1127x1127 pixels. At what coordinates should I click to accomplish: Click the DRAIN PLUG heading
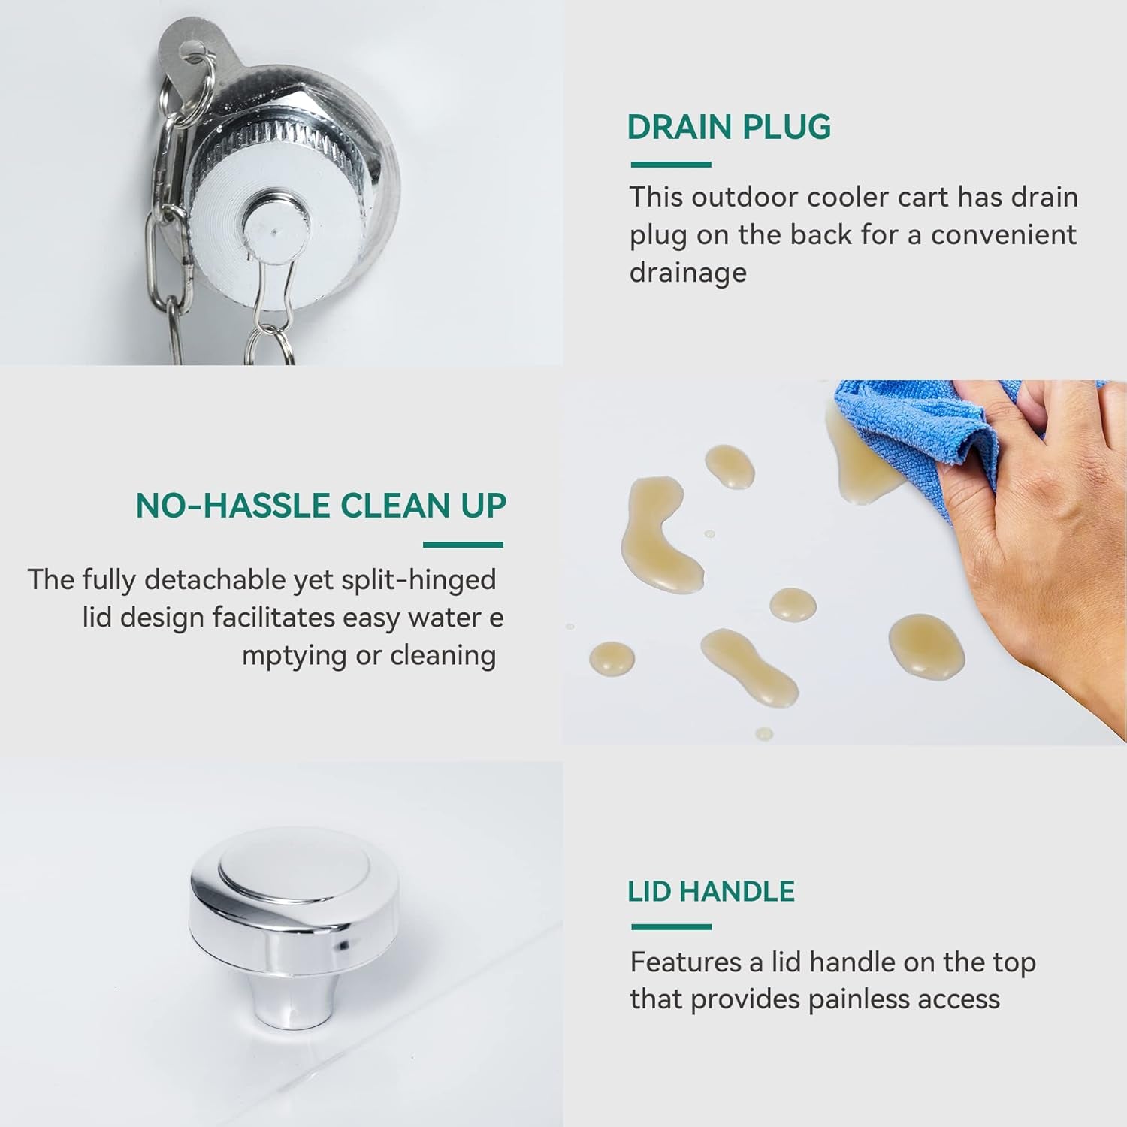(729, 127)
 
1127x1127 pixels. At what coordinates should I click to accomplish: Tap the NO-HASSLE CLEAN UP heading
(321, 506)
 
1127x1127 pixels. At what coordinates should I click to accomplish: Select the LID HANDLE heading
(711, 891)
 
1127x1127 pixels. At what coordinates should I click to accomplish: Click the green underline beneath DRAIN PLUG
(671, 164)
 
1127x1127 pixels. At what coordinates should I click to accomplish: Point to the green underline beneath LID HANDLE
(671, 926)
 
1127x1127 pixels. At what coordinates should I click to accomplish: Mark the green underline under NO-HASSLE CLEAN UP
(463, 545)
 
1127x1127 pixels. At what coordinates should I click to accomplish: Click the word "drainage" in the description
(688, 272)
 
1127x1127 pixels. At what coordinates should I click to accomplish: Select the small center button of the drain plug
(276, 227)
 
